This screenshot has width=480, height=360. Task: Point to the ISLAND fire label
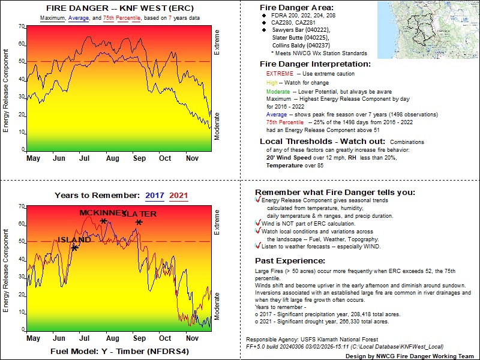(74, 240)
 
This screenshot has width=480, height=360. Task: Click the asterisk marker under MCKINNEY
(103, 222)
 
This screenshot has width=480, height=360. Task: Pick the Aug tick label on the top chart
(112, 158)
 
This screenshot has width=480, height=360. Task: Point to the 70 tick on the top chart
(21, 26)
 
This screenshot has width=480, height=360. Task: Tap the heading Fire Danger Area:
(295, 8)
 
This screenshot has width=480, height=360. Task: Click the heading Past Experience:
(290, 261)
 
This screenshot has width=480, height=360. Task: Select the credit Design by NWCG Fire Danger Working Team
(401, 356)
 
